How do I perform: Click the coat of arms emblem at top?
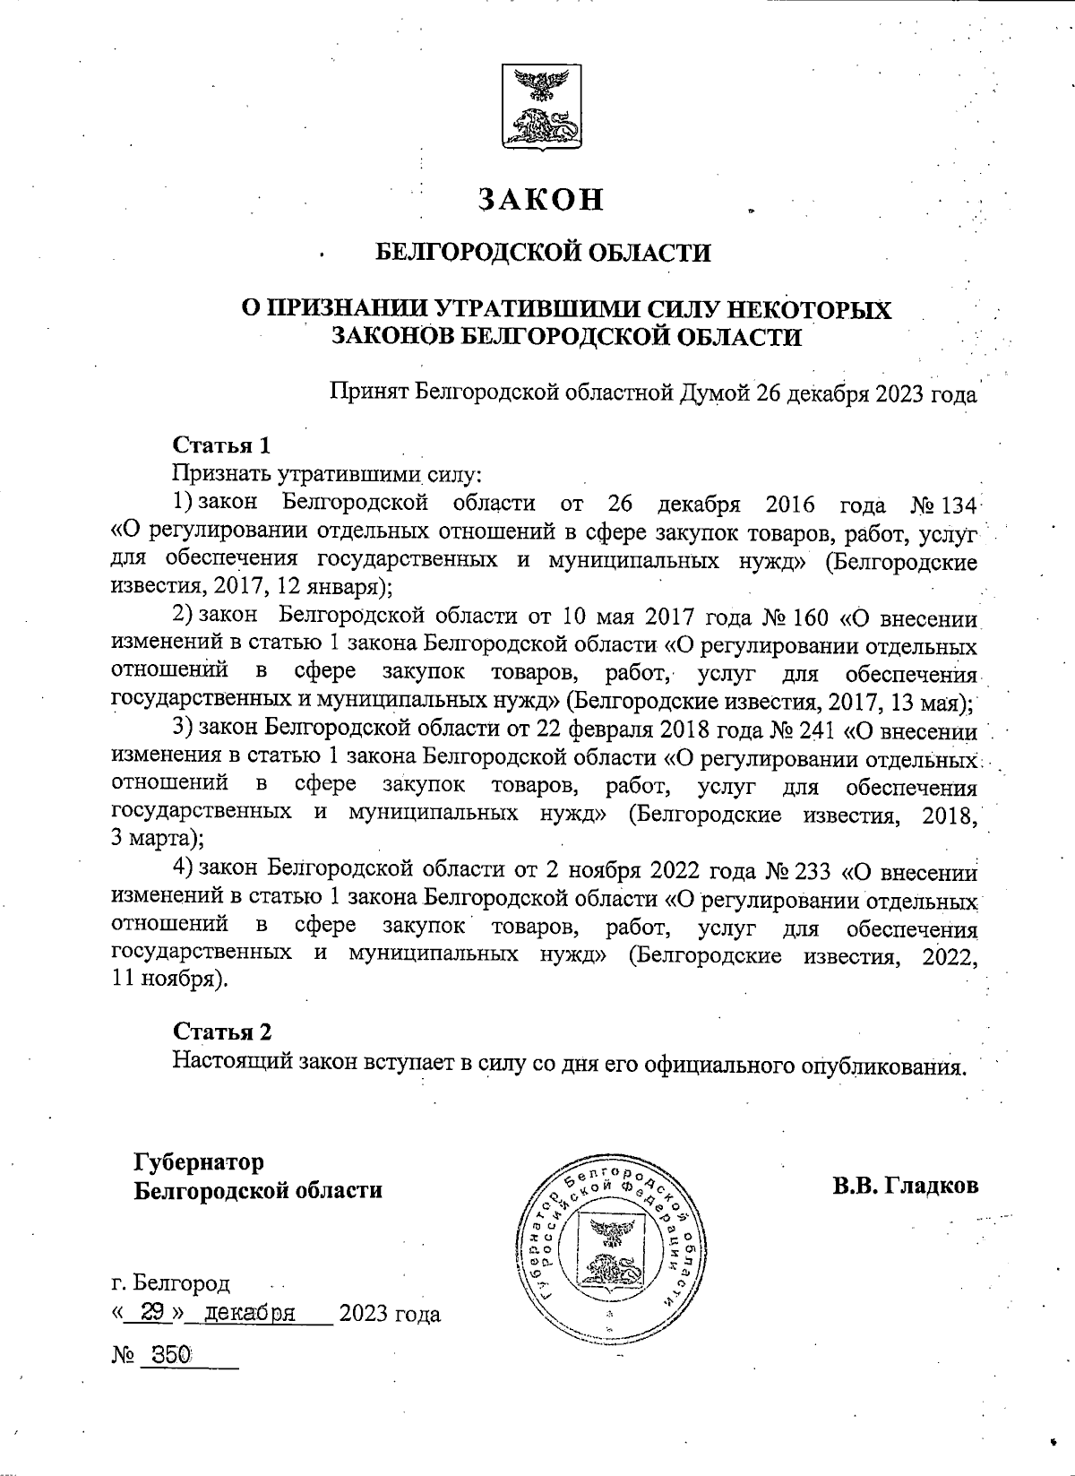539,107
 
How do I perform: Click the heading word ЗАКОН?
540,199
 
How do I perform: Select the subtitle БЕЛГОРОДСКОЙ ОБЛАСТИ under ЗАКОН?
541,253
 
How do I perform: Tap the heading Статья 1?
221,445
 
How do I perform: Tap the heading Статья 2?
222,1031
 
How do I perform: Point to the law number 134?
959,505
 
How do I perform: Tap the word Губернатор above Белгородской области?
199,1162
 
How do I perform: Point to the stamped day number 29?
152,1313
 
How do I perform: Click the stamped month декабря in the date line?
250,1314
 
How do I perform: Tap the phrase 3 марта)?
156,840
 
